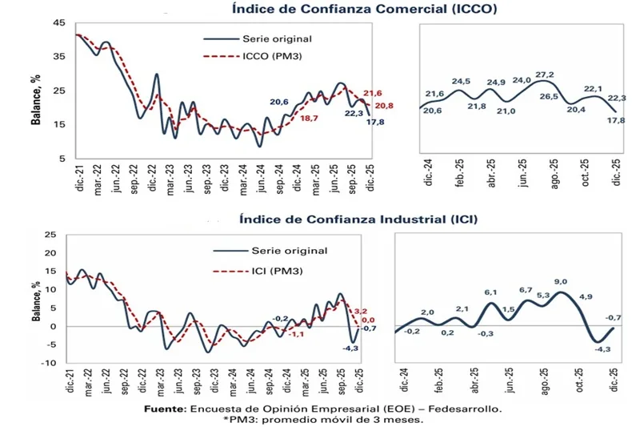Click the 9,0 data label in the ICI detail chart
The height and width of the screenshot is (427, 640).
pos(560,282)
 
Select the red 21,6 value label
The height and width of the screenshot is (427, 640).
pos(374,94)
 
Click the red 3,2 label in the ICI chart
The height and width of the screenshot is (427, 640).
pos(360,310)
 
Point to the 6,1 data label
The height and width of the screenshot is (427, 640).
pos(491,292)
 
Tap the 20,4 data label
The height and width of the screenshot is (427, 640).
pos(575,111)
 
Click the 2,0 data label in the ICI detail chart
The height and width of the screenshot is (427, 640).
pos(427,312)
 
